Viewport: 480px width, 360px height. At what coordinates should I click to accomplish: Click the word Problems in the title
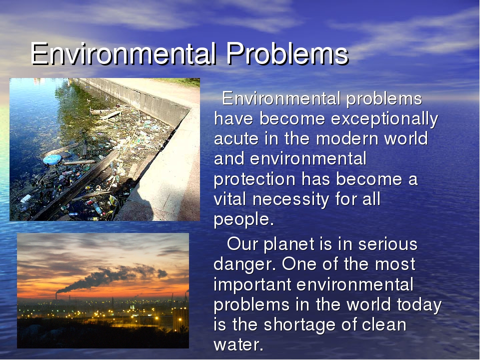point(287,53)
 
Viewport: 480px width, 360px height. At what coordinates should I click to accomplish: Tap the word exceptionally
point(384,119)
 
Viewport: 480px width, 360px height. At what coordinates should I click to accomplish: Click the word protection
point(254,179)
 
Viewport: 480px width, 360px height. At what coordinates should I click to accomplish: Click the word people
point(243,220)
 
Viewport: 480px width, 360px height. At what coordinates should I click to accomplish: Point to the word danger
point(245,264)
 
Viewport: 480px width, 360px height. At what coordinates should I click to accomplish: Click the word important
point(252,285)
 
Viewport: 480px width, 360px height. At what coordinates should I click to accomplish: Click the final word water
point(238,345)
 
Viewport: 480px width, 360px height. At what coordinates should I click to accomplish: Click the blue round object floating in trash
point(52,159)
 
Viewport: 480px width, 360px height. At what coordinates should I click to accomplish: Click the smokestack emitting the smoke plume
point(56,295)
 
